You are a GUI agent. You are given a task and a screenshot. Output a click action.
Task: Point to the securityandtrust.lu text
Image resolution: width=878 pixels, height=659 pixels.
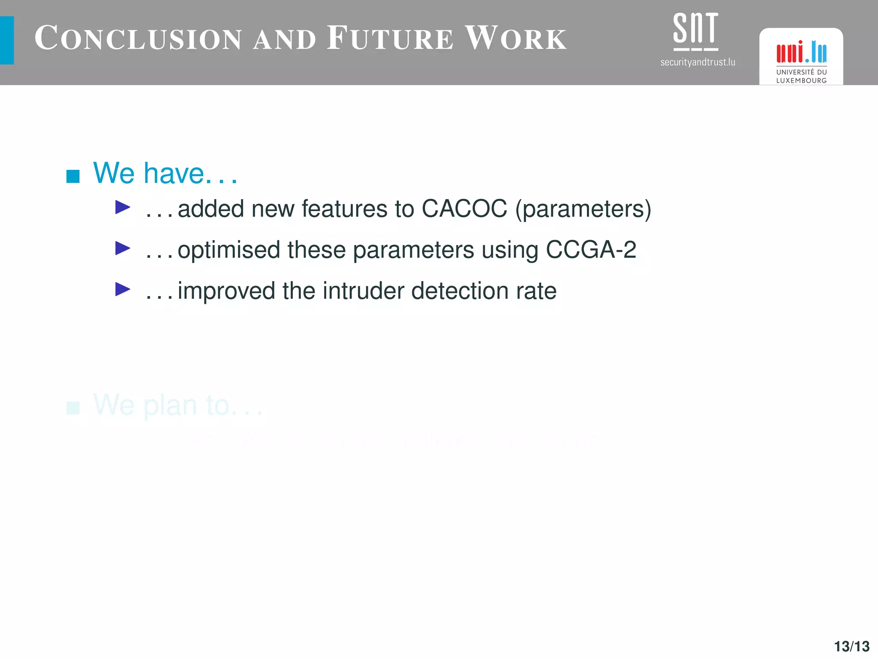point(698,63)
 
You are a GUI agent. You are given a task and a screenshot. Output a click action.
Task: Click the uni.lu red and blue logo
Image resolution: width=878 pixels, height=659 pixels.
point(801,52)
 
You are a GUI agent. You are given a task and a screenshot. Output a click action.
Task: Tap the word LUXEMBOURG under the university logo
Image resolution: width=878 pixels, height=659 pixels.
point(801,81)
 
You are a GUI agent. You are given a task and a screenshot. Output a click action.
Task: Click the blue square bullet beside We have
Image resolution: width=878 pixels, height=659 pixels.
point(73,176)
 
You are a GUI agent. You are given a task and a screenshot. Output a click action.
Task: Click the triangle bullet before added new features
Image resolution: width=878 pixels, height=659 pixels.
point(123,208)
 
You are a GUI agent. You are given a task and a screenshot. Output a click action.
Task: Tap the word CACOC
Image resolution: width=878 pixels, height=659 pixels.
point(464,209)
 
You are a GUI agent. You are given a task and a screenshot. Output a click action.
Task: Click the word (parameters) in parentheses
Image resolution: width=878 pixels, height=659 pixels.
point(583,209)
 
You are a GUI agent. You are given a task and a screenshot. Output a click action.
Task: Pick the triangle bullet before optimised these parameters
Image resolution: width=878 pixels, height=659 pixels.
point(123,248)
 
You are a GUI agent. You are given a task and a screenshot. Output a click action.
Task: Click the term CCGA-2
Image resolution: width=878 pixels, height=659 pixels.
point(591,249)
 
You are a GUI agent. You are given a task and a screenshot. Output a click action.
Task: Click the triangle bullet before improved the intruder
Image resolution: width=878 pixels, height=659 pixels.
point(123,289)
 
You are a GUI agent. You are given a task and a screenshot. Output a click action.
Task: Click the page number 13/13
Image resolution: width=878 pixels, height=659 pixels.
point(851,646)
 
